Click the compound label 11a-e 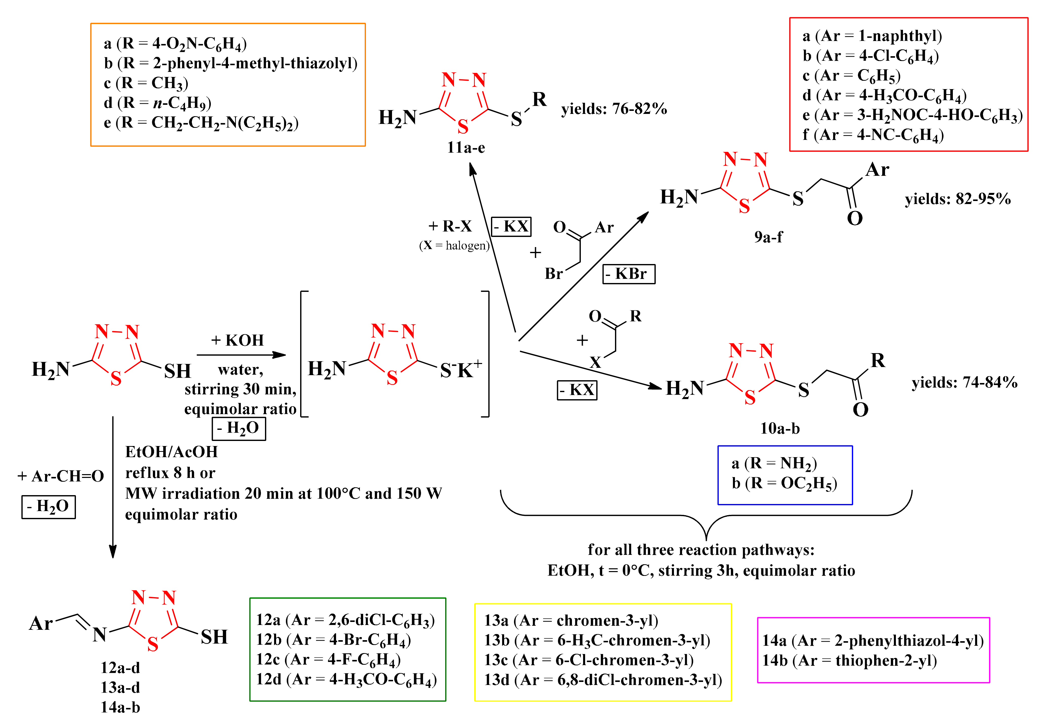(x=465, y=148)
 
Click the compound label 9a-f (x=768, y=237)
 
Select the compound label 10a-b (x=780, y=428)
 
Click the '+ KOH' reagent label (x=237, y=340)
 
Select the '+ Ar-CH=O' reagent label (x=60, y=476)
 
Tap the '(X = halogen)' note (x=454, y=246)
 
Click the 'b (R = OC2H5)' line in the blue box (x=784, y=483)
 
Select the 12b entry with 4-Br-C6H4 (x=333, y=640)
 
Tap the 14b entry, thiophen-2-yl (x=849, y=660)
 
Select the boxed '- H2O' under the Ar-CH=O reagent (x=48, y=507)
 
